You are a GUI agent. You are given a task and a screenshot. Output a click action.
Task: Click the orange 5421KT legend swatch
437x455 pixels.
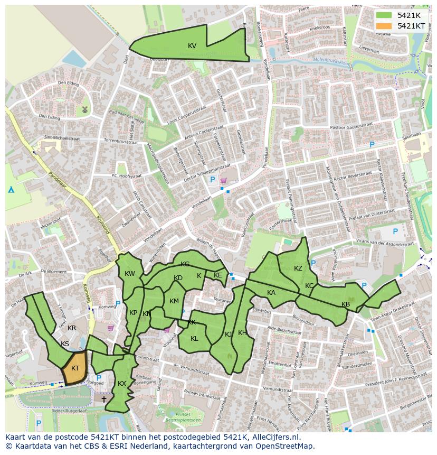(x=384, y=26)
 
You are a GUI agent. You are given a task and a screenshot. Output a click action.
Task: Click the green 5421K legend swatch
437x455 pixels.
(x=384, y=15)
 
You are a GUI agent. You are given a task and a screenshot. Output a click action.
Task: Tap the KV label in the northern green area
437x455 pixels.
(x=192, y=46)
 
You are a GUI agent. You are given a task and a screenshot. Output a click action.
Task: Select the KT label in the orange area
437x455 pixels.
(x=75, y=368)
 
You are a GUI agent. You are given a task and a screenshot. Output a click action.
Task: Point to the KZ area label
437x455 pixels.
(x=298, y=268)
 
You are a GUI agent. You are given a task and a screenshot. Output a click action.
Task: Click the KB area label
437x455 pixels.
(x=346, y=304)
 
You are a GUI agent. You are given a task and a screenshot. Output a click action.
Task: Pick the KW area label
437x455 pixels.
(x=130, y=274)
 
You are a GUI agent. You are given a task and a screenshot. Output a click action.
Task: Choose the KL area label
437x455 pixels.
(x=194, y=339)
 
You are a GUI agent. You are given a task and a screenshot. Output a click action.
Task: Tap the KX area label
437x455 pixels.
(x=122, y=384)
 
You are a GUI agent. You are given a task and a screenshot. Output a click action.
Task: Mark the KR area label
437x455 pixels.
(x=72, y=328)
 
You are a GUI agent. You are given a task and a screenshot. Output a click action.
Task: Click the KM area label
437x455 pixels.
(x=174, y=301)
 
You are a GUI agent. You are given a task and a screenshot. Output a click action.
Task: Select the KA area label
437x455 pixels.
(x=271, y=293)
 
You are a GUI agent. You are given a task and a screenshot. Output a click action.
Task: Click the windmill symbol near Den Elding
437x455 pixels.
(x=83, y=109)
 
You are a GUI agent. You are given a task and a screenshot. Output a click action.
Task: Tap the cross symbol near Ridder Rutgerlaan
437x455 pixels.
(x=104, y=399)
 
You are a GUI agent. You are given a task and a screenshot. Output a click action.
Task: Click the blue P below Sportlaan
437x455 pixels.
(x=372, y=144)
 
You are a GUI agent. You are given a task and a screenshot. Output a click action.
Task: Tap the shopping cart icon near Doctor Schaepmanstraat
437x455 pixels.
(x=223, y=181)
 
